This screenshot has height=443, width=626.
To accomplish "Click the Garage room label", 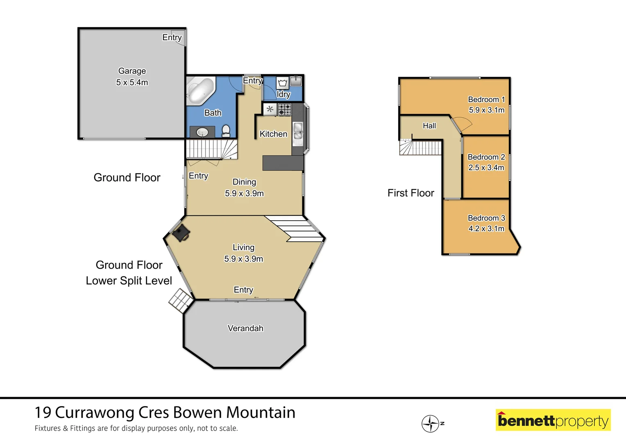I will click(132, 71).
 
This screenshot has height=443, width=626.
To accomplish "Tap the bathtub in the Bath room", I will click(200, 91).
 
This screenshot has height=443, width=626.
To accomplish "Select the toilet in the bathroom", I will click(226, 131).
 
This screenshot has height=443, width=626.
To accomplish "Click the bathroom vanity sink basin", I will click(202, 132).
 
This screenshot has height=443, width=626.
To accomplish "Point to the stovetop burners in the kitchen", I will click(285, 110).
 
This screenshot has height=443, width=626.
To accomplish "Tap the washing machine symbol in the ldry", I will click(282, 83).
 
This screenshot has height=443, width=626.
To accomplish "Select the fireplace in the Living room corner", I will click(181, 233).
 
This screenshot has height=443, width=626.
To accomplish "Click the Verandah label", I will click(245, 328).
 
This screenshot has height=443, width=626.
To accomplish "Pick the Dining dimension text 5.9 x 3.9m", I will click(244, 193).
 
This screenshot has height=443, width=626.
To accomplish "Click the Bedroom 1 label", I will click(486, 99).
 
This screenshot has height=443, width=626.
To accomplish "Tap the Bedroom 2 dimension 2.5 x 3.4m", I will click(486, 167).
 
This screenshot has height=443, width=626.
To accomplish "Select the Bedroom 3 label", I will click(486, 218).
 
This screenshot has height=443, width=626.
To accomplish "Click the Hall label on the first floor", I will click(429, 126).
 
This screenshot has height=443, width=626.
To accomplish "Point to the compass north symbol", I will click(431, 423).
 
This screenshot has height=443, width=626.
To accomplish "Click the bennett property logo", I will click(553, 420).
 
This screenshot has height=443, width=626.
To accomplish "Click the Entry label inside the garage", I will click(172, 37).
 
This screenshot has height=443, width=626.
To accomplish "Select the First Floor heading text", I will click(411, 193).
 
